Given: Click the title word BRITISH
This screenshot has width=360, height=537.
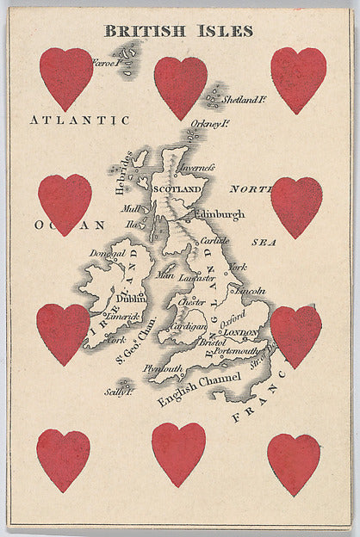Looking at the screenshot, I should pos(143,31).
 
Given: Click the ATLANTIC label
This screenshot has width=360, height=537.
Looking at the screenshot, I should pos(78,120).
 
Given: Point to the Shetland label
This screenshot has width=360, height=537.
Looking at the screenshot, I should pos(245,100).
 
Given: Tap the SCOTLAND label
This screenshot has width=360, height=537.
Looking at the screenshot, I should pos(177,188).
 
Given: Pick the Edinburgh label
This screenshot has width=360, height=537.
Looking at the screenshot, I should pos(220,214).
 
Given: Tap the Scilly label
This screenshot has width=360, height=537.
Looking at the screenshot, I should pos(118,392).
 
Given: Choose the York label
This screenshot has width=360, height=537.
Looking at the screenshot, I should pos(238,267).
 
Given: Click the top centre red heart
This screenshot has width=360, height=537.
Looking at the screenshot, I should pos(180,87).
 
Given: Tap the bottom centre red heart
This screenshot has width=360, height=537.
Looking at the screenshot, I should pos(178,453).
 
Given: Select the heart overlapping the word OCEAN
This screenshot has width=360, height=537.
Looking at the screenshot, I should pos(65,203).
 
